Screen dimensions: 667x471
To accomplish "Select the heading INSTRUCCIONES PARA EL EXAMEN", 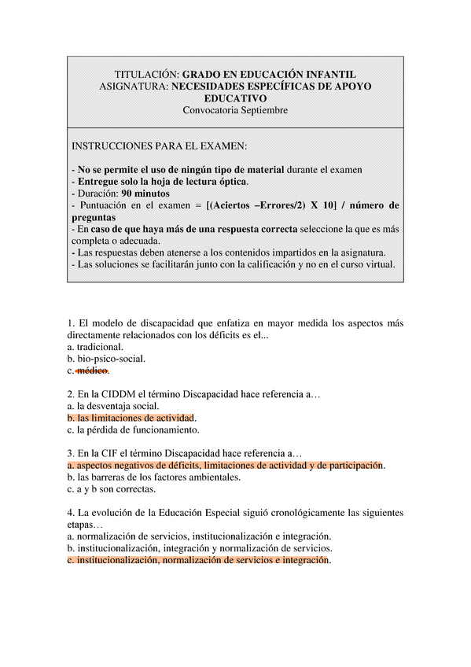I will [x=159, y=147].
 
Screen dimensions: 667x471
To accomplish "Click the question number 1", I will [x=71, y=322].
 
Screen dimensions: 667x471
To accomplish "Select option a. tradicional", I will [x=95, y=346].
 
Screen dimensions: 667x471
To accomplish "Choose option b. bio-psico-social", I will [x=106, y=359].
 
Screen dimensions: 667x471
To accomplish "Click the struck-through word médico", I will [x=93, y=370].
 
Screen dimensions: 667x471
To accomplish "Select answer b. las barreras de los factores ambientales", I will [x=153, y=477].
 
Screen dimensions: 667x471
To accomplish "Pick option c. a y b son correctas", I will [x=111, y=489].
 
